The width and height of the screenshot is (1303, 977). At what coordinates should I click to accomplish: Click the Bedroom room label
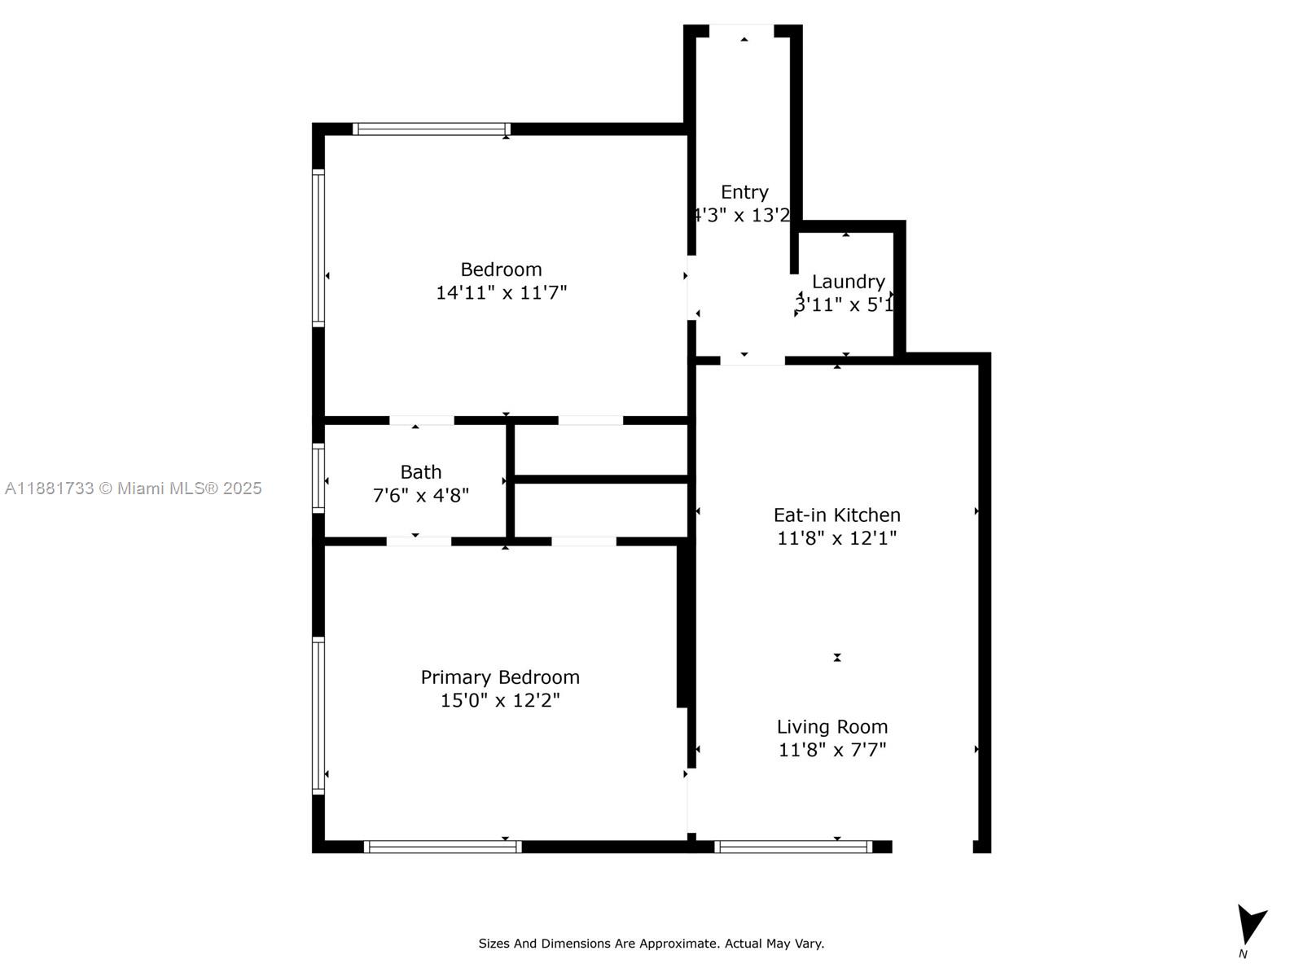pyautogui.click(x=501, y=269)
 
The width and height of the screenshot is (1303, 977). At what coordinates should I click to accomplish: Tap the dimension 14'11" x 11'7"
pyautogui.click(x=501, y=293)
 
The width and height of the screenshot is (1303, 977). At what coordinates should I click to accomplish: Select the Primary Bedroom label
pyautogui.click(x=500, y=677)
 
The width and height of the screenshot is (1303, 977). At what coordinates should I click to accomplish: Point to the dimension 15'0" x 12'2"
pyautogui.click(x=500, y=700)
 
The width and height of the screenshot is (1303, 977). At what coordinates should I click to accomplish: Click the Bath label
pyautogui.click(x=421, y=472)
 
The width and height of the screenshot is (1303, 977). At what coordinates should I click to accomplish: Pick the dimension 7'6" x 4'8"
pyautogui.click(x=421, y=495)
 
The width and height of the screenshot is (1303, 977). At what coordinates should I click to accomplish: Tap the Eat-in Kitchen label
pyautogui.click(x=836, y=515)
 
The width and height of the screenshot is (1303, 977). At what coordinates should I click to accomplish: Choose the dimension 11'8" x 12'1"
pyautogui.click(x=836, y=538)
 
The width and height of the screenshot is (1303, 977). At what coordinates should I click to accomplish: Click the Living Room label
pyautogui.click(x=832, y=727)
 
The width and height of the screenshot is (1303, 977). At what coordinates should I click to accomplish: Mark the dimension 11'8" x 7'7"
pyautogui.click(x=832, y=750)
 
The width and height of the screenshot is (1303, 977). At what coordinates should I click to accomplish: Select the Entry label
pyautogui.click(x=744, y=192)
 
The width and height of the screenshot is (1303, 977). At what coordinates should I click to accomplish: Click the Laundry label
pyautogui.click(x=849, y=282)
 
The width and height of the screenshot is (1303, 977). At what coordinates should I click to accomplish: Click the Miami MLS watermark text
pyautogui.click(x=134, y=488)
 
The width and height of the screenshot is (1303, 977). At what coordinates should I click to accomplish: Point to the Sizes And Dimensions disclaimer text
pyautogui.click(x=651, y=944)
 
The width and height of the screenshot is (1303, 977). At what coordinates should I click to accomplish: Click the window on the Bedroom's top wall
pyautogui.click(x=432, y=129)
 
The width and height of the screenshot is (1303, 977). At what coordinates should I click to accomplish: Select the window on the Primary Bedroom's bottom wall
pyautogui.click(x=442, y=847)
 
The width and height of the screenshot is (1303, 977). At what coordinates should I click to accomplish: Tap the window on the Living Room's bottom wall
pyautogui.click(x=793, y=847)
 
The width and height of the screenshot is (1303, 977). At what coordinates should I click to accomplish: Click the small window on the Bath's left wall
pyautogui.click(x=318, y=478)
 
